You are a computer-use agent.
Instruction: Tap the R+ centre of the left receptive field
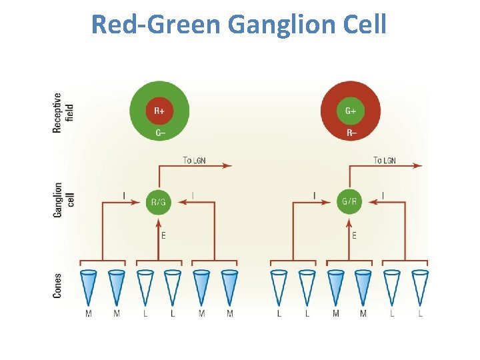pyautogui.click(x=160, y=111)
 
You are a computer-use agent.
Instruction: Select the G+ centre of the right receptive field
pyautogui.click(x=351, y=111)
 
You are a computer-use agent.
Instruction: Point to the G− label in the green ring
pyautogui.click(x=160, y=133)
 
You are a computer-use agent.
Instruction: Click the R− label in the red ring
pyautogui.click(x=351, y=133)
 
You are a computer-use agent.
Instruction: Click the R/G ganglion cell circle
pyautogui.click(x=159, y=201)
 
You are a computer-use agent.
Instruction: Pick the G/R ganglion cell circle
pyautogui.click(x=349, y=201)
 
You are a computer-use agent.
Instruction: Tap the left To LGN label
pyautogui.click(x=196, y=160)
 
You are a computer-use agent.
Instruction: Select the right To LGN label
pyautogui.click(x=385, y=160)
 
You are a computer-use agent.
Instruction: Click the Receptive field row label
pyautogui.click(x=63, y=112)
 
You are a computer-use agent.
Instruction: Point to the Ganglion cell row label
pyautogui.click(x=63, y=200)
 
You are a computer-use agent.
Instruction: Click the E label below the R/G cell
pyautogui.click(x=163, y=235)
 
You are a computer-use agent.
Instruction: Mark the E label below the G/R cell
pyautogui.click(x=354, y=235)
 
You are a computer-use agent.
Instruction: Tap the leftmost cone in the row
pyautogui.click(x=89, y=287)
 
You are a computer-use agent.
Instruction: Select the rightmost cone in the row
pyautogui.click(x=420, y=287)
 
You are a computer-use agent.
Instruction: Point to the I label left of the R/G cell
pyautogui.click(x=124, y=195)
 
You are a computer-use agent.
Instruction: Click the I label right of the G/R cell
pyautogui.click(x=383, y=195)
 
